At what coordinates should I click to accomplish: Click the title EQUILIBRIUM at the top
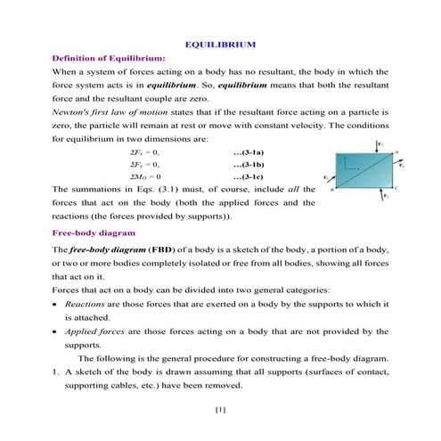click(x=220, y=43)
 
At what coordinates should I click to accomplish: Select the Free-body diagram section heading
click(x=93, y=233)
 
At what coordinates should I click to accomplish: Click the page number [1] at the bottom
click(x=220, y=410)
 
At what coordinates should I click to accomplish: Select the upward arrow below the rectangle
click(x=383, y=198)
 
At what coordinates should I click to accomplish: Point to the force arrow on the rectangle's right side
click(x=396, y=161)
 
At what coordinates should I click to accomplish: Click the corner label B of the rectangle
click(x=332, y=190)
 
